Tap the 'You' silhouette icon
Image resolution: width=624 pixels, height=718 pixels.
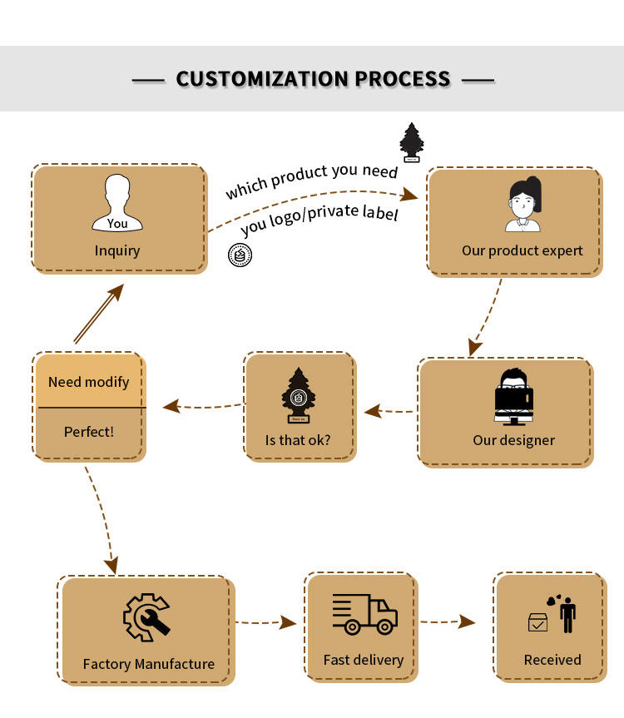117,202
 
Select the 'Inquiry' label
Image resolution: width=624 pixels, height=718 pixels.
117,251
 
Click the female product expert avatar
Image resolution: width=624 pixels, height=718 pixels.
523,204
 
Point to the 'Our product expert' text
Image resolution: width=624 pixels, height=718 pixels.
522,251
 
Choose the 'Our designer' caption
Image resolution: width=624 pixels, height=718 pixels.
513,440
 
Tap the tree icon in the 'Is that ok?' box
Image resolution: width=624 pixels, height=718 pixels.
299,394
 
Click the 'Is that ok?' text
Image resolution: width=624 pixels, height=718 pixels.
298,440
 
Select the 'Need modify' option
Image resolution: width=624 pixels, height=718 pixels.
89,382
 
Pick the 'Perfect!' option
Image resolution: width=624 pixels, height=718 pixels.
89,432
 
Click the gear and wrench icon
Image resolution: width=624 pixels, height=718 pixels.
146,617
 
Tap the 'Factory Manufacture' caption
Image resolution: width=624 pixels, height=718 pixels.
148,664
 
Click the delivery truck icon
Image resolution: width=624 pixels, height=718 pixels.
365,614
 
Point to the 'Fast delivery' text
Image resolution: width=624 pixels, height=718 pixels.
364,660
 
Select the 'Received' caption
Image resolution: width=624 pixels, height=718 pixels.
552,660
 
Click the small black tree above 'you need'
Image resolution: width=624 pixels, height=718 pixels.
412,142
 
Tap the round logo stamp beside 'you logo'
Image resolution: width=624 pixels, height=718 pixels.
240,255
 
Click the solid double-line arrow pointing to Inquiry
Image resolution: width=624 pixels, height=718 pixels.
99,313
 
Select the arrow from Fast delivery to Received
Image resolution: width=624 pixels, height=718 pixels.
448,621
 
